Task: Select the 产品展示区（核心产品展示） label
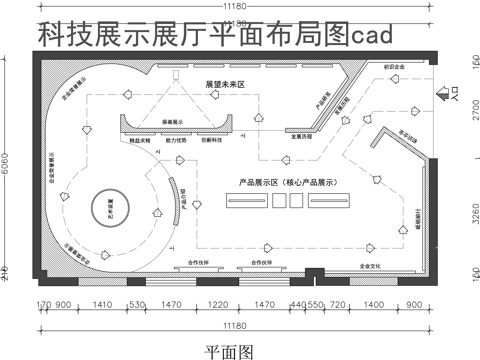click(286, 183)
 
